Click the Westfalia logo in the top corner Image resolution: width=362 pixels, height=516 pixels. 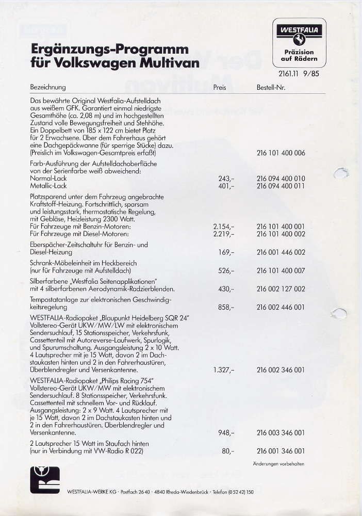(299, 42)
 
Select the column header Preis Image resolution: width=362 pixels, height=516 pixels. (220, 88)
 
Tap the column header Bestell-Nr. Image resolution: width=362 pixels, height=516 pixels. (271, 88)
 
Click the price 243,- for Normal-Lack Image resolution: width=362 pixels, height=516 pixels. (227, 179)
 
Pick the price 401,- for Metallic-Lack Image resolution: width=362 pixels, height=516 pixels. (227, 186)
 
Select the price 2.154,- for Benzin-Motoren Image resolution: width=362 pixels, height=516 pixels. (224, 227)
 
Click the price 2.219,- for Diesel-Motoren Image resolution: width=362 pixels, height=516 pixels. (224, 234)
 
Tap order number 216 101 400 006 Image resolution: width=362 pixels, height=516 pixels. (281, 153)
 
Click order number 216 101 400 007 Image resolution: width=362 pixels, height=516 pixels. (281, 270)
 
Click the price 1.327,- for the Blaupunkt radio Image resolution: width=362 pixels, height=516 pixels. (224, 369)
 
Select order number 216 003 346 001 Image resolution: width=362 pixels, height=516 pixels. (281, 432)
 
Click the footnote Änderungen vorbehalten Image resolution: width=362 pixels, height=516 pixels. (278, 464)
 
